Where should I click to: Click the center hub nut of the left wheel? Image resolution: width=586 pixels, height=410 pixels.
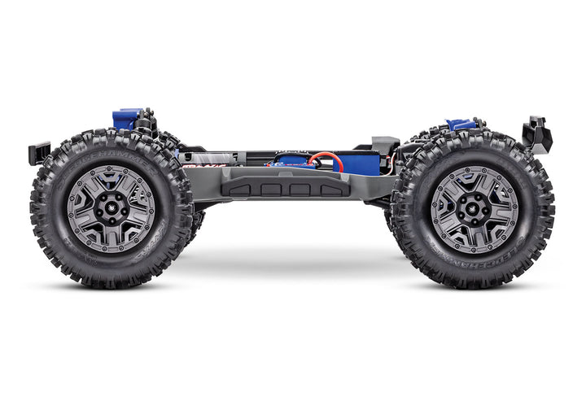coord(110,207)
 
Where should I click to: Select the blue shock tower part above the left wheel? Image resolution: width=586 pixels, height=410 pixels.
coord(126,119)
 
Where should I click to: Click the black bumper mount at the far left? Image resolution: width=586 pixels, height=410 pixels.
coord(39,152)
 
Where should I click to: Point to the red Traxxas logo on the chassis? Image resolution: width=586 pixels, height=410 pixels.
coord(192,167)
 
